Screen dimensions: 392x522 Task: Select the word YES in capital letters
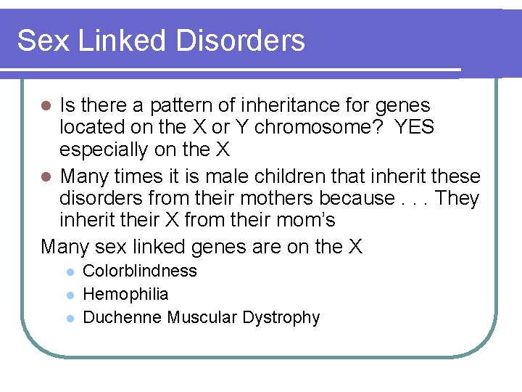(414, 128)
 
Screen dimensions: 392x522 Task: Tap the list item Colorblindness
(140, 271)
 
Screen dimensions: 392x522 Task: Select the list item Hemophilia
(126, 295)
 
